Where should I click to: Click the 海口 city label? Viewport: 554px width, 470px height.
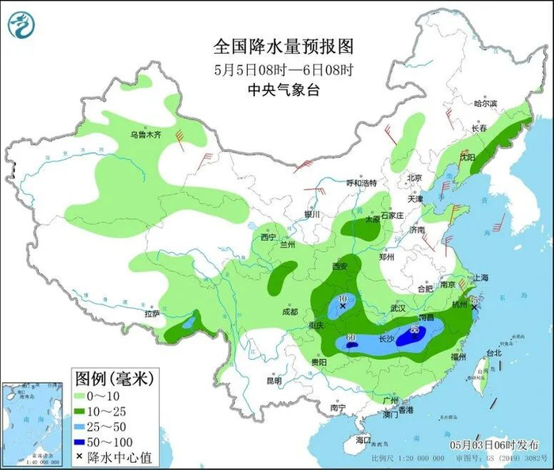(363, 439)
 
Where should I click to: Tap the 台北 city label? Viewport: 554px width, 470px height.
(493, 353)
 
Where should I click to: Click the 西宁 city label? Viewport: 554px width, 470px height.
(268, 237)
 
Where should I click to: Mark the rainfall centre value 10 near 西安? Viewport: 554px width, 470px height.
(343, 299)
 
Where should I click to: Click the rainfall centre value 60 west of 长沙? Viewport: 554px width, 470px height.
(350, 339)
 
